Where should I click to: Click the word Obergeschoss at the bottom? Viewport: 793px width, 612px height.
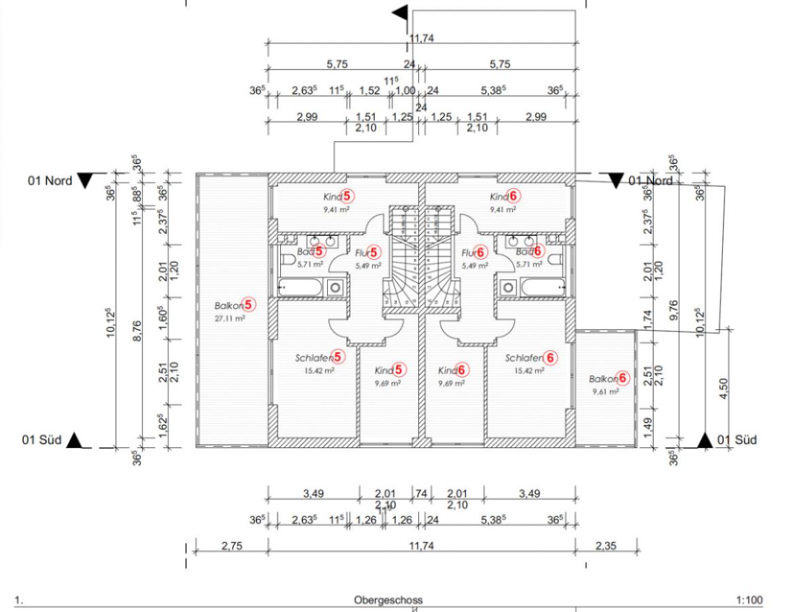click(388, 600)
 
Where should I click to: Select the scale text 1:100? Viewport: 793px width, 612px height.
click(749, 600)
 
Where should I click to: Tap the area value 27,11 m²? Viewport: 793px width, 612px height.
click(230, 318)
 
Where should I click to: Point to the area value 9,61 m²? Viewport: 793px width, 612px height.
click(605, 392)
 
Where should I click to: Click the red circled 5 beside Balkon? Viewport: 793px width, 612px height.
click(249, 305)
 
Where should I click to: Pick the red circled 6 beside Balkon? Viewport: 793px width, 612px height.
click(622, 379)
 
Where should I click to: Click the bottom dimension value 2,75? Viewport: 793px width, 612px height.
click(232, 545)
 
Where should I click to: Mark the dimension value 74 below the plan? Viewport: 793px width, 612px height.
click(422, 494)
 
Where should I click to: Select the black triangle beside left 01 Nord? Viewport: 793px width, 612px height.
click(84, 181)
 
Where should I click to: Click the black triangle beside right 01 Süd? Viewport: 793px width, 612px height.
click(705, 441)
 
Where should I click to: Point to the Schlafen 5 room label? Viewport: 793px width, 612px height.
click(314, 358)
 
